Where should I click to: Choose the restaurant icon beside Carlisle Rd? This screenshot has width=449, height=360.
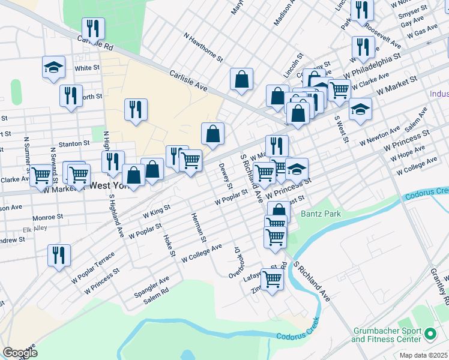(93, 28)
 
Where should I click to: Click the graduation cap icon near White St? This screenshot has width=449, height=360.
(53, 67)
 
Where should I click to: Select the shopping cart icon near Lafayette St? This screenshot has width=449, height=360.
(272, 278)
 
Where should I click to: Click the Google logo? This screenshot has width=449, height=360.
(20, 352)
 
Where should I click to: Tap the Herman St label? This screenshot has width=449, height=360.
(199, 227)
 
